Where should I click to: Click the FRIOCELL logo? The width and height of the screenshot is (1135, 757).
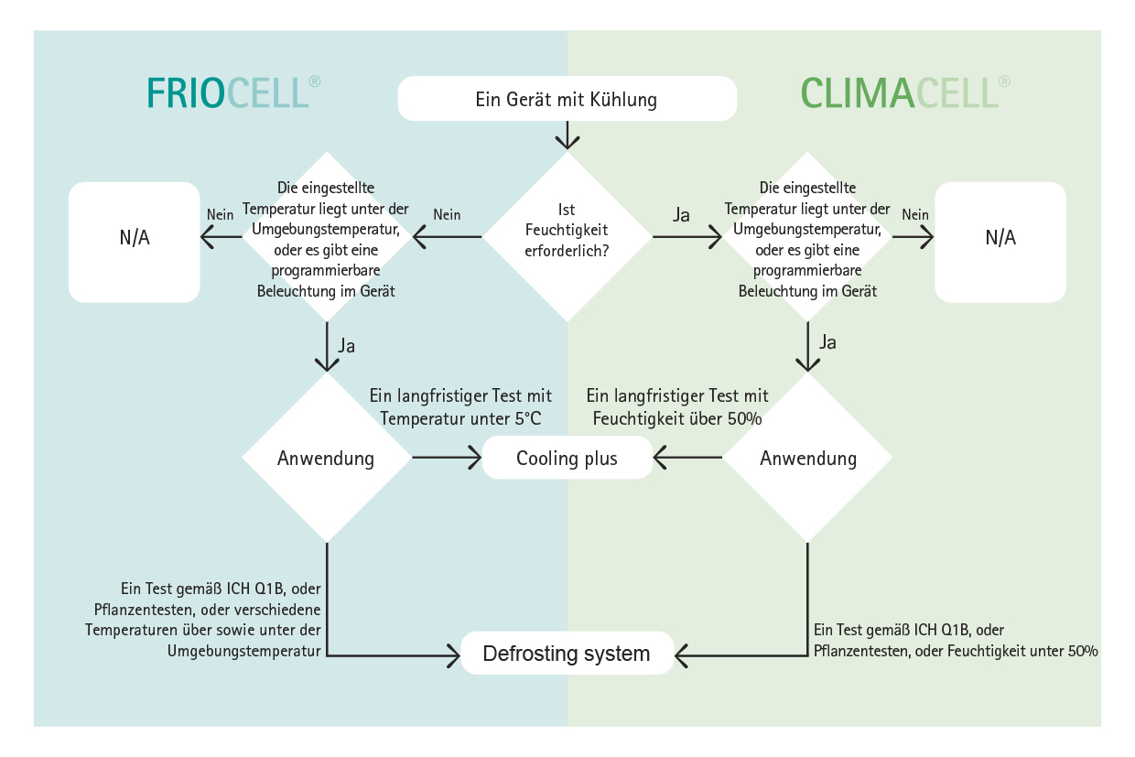pos(233,92)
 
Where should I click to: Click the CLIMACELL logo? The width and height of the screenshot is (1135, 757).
pos(905,92)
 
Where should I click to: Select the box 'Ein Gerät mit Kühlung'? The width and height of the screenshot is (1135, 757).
pos(567,99)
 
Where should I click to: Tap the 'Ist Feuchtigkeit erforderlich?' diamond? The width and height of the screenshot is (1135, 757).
pos(567,237)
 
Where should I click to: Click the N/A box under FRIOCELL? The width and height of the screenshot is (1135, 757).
pos(135,243)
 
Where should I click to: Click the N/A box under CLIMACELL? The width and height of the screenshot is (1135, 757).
pos(1000,243)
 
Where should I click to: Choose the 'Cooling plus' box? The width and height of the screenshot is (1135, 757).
pos(567,458)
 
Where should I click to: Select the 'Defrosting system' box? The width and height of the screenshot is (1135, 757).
pos(567,654)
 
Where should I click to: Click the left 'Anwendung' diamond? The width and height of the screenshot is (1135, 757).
pos(327,458)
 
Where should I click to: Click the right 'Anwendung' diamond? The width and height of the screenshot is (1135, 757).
pos(807,458)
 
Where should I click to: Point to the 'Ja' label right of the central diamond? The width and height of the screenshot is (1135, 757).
pos(681,215)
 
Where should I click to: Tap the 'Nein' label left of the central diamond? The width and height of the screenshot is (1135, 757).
pos(447,215)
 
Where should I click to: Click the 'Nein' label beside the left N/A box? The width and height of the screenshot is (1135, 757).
pos(220,215)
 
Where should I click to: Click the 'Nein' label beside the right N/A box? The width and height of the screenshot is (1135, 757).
pos(915,215)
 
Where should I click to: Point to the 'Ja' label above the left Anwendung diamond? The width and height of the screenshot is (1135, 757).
pos(347,346)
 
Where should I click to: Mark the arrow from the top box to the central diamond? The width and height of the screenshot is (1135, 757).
pos(567,135)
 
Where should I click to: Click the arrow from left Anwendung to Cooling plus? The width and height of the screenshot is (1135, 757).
pos(447,458)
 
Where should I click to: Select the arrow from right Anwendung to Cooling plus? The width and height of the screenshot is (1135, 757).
pos(687,458)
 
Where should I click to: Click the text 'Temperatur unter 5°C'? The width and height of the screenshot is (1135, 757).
pos(460,419)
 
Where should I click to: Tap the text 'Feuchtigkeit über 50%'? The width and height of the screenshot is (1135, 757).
pos(677,419)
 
